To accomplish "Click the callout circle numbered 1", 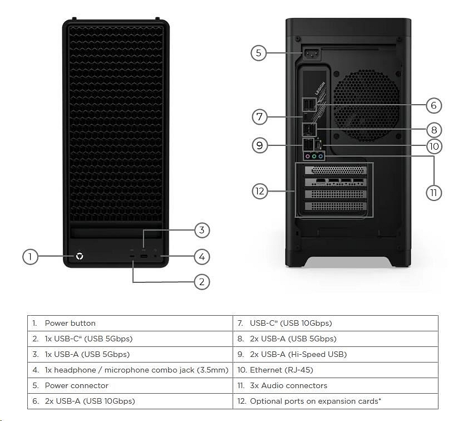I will tap(31, 257).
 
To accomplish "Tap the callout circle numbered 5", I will tap(258, 53).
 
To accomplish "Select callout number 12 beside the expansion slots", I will tap(260, 192).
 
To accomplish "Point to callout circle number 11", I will tap(434, 193).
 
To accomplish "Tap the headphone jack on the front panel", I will tap(161, 257).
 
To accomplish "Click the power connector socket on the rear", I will tap(312, 54).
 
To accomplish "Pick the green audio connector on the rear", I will tap(314, 157).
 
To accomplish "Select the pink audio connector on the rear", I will tap(307, 157).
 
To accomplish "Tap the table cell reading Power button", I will tap(130, 323).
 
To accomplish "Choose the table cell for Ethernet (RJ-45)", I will tap(335, 370).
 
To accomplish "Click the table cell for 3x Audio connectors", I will tap(335, 385).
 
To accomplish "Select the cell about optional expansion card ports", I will tap(335, 401).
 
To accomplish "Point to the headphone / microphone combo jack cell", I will tap(130, 370).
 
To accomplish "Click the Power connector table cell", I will tap(130, 385).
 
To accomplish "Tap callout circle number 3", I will tap(203, 230).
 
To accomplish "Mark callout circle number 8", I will tap(434, 130).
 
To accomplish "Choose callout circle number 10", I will tap(434, 146).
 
